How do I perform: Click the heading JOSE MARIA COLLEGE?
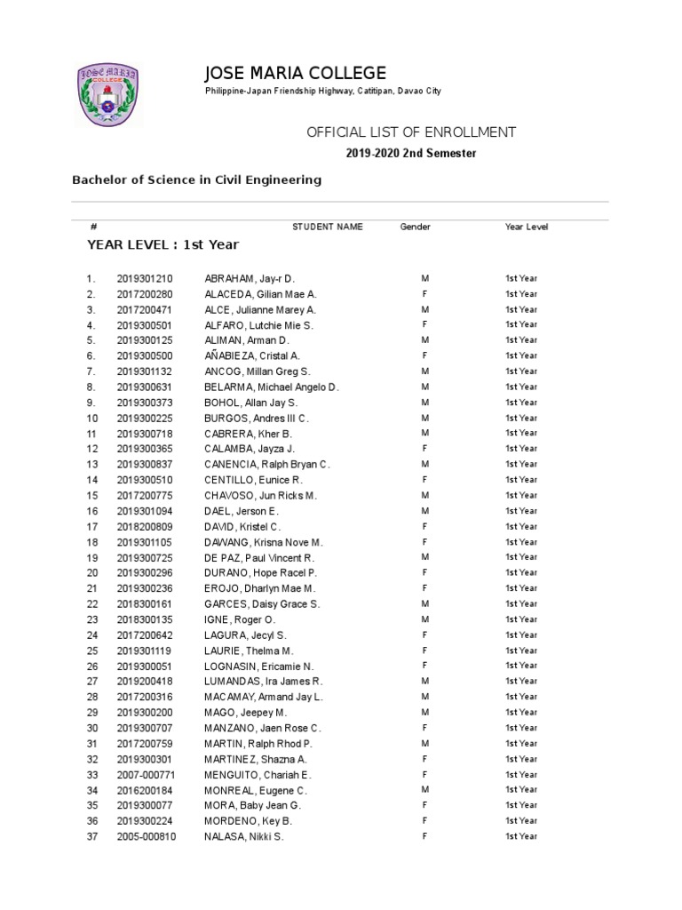tap(296, 73)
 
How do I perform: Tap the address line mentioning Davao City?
tap(323, 92)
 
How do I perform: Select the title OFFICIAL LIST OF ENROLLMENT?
tap(411, 132)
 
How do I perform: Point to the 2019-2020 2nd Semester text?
tap(411, 154)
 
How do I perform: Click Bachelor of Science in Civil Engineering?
tap(196, 180)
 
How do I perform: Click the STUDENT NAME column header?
tap(328, 227)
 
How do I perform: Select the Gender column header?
tap(415, 227)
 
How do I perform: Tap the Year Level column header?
tap(527, 227)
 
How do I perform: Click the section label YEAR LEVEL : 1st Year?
tap(163, 244)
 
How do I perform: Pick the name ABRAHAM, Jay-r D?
tap(249, 278)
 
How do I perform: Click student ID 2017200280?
tap(145, 294)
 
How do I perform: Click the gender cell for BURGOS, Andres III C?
tap(425, 418)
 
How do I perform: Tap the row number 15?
tap(91, 495)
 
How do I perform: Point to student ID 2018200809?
tap(145, 526)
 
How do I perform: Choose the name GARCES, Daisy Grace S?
tap(262, 604)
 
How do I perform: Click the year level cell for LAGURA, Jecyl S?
tap(521, 635)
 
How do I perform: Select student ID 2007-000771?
tap(147, 775)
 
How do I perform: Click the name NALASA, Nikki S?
tap(243, 837)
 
